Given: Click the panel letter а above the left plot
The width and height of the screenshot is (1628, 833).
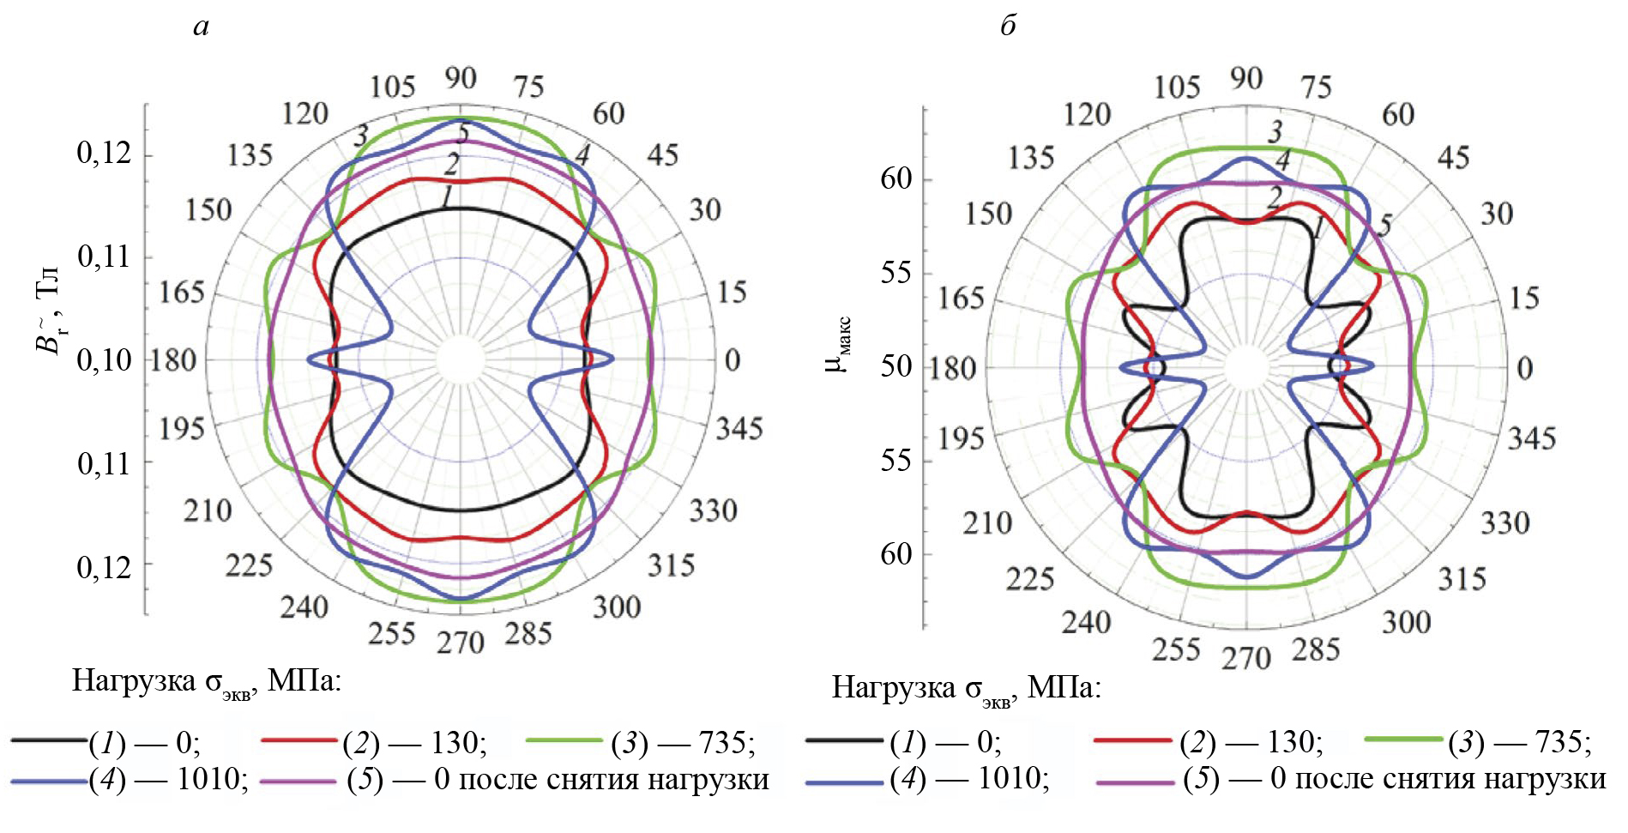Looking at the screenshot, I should [x=201, y=27].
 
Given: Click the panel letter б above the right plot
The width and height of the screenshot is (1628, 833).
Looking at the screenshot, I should [x=1008, y=27].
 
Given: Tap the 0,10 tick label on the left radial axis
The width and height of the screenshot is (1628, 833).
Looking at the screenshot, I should [x=104, y=360].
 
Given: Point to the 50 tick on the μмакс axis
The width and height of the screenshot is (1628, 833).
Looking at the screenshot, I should [x=895, y=366].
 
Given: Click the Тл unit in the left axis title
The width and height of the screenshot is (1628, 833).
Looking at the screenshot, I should [x=49, y=281].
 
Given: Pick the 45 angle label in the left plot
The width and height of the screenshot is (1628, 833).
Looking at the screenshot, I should [x=662, y=155].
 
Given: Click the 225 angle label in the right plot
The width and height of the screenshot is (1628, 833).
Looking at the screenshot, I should [x=1029, y=580].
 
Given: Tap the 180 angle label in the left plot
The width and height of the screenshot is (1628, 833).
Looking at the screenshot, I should [x=174, y=360].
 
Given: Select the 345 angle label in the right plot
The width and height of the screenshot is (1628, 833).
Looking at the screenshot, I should [x=1531, y=438].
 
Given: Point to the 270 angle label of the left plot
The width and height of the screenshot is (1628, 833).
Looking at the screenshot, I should [x=461, y=643].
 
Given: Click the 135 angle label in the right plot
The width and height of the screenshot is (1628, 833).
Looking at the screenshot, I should [x=1030, y=158].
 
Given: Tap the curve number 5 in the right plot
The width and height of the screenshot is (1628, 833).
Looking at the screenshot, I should [x=1384, y=226].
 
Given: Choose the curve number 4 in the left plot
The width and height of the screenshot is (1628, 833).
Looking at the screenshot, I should [x=582, y=154].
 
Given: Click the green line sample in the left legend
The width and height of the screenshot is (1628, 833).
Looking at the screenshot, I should [x=564, y=740].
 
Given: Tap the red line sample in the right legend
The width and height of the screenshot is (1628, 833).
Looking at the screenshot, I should [x=1132, y=739].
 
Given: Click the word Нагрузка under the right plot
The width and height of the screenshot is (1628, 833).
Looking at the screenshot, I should [x=893, y=688].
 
